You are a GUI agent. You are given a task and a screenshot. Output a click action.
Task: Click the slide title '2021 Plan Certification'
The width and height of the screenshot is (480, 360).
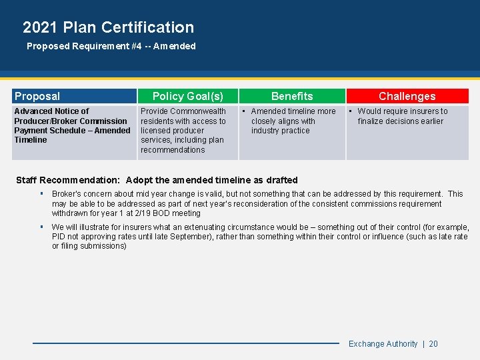coord(108,27)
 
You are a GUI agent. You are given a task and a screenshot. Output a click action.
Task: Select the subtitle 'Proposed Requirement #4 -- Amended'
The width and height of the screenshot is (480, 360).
coord(111,47)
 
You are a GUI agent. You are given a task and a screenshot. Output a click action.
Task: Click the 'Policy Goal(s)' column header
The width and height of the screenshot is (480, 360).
coord(187,97)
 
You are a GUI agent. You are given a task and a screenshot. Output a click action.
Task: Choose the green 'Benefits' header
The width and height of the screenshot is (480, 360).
coord(292,97)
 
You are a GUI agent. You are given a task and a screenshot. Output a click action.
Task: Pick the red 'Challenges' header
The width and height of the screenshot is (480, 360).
coord(407,97)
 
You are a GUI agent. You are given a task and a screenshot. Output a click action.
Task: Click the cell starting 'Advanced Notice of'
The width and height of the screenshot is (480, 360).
coord(72,125)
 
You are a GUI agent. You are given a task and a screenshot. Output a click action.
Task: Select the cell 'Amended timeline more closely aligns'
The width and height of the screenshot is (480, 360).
coord(293,121)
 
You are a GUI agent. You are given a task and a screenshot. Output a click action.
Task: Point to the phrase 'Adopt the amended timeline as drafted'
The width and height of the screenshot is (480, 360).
coord(211,180)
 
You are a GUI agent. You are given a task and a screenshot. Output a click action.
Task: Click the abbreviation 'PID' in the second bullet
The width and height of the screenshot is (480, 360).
coord(59,237)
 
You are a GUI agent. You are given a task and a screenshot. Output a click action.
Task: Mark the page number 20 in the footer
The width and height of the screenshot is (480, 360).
coord(433,344)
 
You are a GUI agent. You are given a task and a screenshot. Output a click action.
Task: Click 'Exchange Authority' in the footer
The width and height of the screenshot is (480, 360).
coord(383,344)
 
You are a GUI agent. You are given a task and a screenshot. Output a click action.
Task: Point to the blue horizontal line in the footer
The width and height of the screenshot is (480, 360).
coord(187,343)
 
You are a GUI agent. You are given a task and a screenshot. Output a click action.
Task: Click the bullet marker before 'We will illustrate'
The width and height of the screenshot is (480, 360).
coord(41,227)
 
